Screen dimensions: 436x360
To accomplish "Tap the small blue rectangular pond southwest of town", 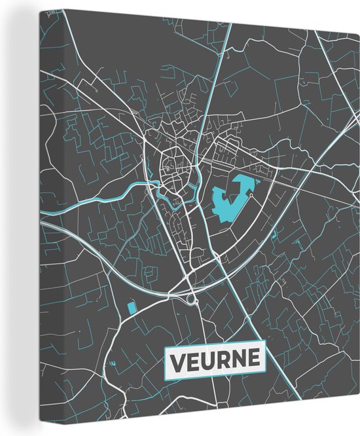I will (x=132, y=306).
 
